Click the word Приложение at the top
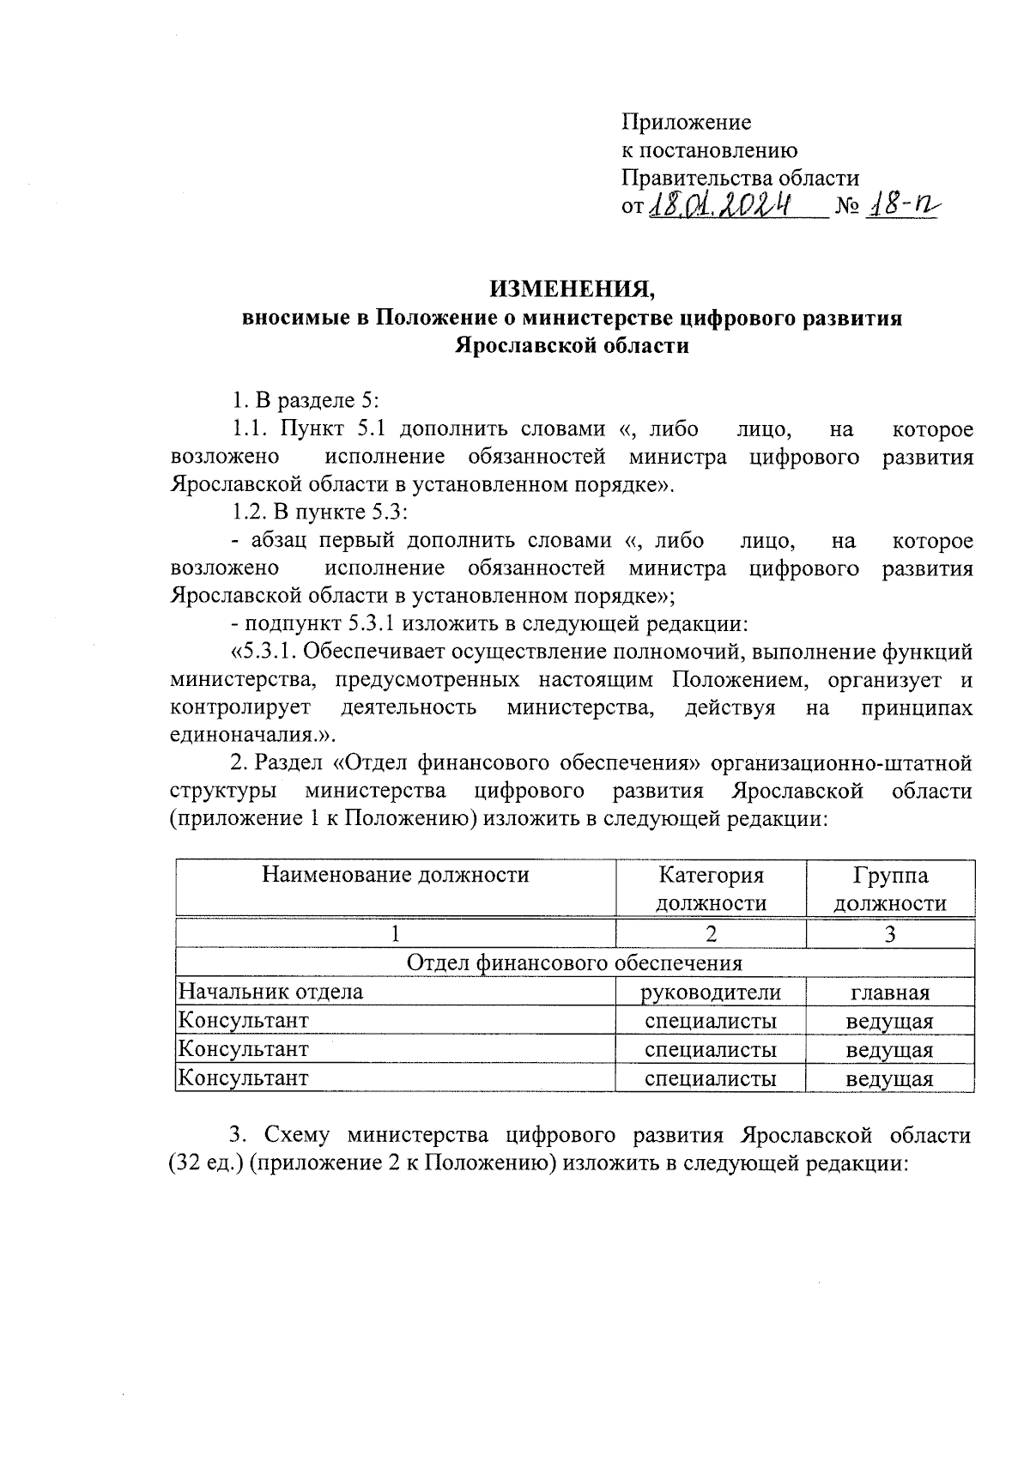click(686, 123)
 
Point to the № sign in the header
click(845, 209)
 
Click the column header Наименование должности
click(396, 875)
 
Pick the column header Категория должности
click(711, 889)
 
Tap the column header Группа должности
click(890, 889)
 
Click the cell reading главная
click(890, 993)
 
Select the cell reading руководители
click(711, 993)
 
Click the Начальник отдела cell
click(270, 993)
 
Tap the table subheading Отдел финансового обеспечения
click(573, 962)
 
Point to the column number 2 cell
click(711, 934)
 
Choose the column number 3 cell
click(890, 934)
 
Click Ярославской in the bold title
click(515, 346)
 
